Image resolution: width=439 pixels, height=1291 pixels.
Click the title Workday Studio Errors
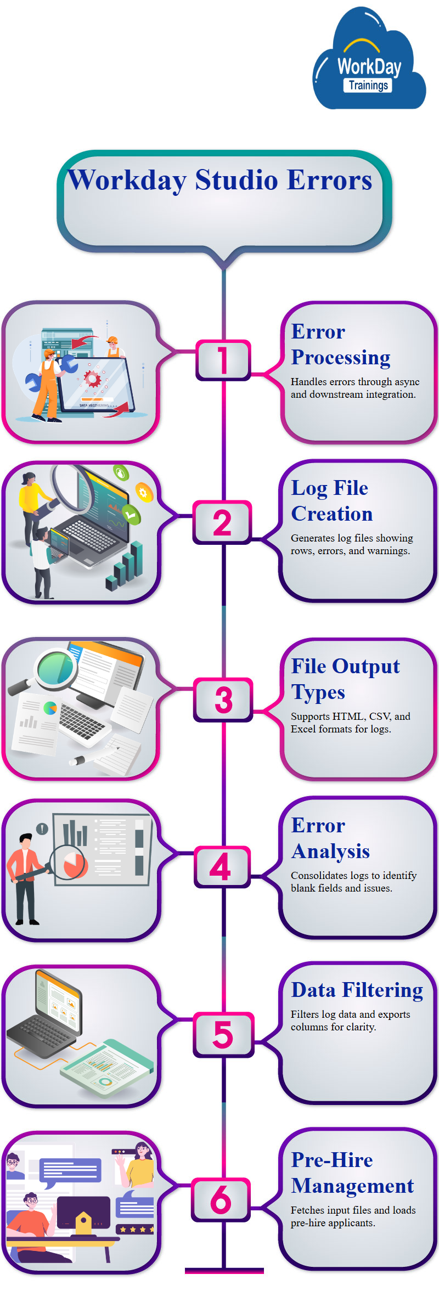click(220, 180)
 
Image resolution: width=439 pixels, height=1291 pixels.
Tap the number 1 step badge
click(223, 360)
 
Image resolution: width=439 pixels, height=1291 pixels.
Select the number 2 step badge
click(222, 522)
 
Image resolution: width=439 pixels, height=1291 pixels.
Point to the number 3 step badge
click(223, 700)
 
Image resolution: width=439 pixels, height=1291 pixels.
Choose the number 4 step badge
click(221, 867)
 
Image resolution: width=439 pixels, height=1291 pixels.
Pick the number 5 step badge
click(223, 1035)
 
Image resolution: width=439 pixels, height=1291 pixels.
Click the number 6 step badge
click(221, 1199)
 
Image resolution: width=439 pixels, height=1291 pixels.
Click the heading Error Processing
click(340, 345)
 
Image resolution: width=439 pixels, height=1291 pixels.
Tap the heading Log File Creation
click(331, 501)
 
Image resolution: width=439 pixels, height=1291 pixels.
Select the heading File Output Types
click(345, 679)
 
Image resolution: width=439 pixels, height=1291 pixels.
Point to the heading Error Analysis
click(330, 838)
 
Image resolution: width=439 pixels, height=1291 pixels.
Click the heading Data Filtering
click(357, 990)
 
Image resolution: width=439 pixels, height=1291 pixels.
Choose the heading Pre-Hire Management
click(352, 1173)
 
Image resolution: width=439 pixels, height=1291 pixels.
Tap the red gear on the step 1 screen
click(92, 378)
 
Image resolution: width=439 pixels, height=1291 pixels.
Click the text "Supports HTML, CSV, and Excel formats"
click(350, 723)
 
